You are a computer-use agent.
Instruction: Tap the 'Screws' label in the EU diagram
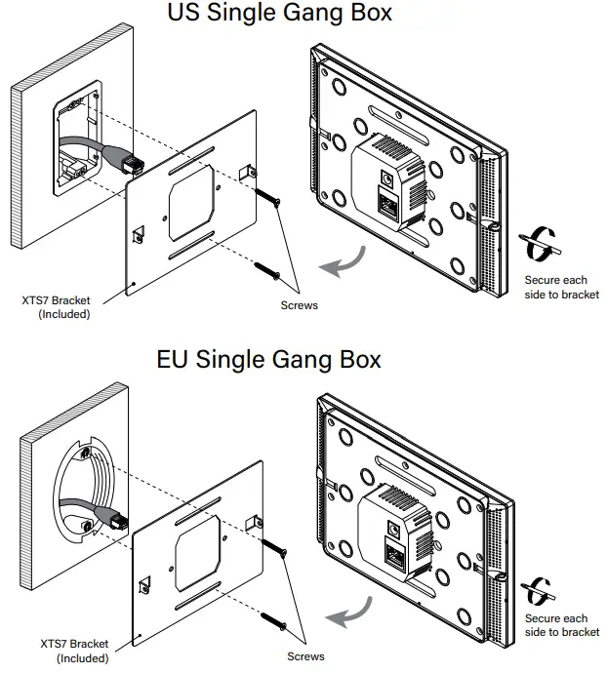click(x=305, y=656)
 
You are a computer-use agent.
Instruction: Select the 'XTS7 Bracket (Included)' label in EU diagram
click(x=74, y=651)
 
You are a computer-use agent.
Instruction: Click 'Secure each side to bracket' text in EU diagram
click(x=561, y=625)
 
